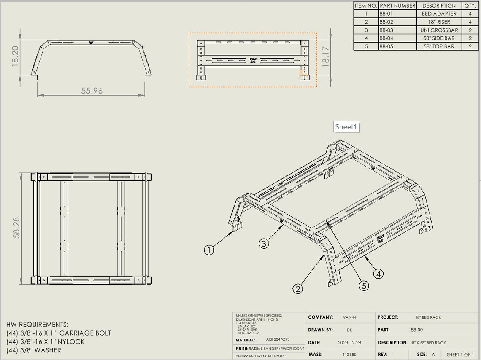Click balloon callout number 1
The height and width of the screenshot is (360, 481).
click(209, 250)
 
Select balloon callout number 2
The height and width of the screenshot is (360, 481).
click(298, 289)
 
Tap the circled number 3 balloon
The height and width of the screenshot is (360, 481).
click(264, 243)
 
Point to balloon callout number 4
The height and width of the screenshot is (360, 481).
click(378, 274)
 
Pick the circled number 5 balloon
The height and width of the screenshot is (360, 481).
click(364, 285)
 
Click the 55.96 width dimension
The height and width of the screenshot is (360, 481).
click(92, 91)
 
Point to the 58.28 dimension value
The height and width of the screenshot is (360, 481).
click(16, 228)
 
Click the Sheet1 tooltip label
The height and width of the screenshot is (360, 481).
click(346, 126)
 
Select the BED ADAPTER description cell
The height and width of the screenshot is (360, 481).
click(439, 14)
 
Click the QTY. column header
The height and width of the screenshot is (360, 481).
click(470, 5)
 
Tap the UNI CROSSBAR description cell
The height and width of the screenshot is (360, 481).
click(439, 30)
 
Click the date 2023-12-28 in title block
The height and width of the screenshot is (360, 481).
click(350, 343)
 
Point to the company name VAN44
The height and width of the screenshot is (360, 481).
click(349, 317)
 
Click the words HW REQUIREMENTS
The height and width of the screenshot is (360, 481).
click(37, 325)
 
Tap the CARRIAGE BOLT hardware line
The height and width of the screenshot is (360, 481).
click(59, 333)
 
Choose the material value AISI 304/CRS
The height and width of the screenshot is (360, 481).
click(278, 339)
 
